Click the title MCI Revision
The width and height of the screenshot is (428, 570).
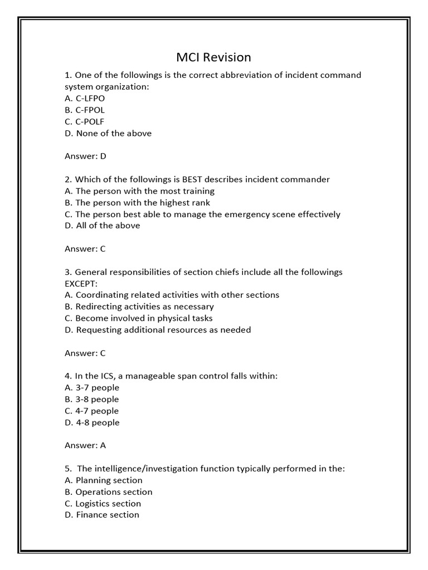coord(213,57)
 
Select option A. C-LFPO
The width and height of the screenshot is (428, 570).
coord(85,99)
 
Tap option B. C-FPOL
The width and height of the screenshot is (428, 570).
coord(85,110)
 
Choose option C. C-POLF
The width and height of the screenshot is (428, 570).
coord(85,122)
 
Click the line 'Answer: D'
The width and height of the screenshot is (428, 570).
coord(85,156)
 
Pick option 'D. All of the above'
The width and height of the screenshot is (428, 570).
coord(103,226)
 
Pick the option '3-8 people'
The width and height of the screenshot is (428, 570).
coord(92,399)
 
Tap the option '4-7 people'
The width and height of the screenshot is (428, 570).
coord(92,411)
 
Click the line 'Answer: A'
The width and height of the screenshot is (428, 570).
coord(85,445)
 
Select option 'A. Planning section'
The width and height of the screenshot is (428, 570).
coord(104,480)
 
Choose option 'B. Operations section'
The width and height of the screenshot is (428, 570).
coord(109,492)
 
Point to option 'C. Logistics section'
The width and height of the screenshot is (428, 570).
coord(103,504)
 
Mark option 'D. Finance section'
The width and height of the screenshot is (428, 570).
coord(102,515)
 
